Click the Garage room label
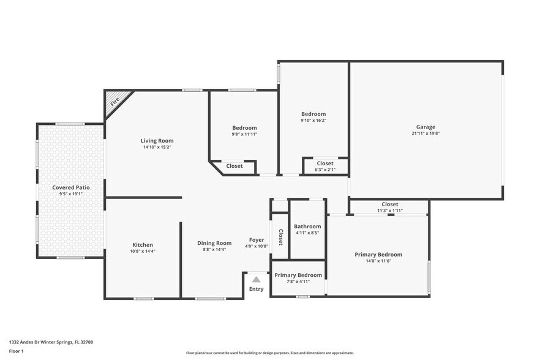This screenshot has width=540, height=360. tap(426, 127)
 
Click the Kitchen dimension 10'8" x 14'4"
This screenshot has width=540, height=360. tap(143, 251)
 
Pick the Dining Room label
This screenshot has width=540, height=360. tap(214, 243)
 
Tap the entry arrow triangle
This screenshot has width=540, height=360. tap(257, 279)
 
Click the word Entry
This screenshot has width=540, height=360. tap(257, 289)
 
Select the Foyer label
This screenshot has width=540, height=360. tap(257, 239)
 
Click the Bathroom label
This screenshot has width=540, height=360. tap(307, 226)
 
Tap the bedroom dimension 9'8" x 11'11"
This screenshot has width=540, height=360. tap(244, 134)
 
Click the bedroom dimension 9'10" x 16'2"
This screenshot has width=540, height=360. tap(313, 121)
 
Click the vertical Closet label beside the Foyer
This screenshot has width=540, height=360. tap(280, 237)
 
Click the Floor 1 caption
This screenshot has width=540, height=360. tap(16, 351)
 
